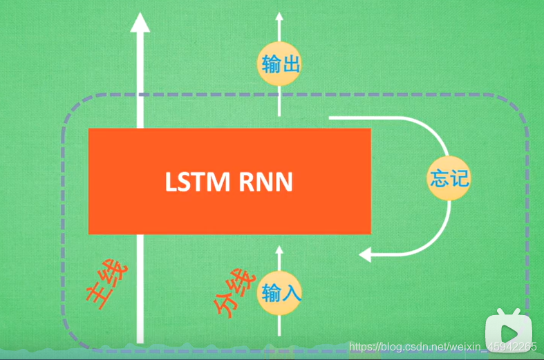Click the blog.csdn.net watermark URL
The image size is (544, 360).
pos(442,346)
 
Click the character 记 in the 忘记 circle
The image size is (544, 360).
pos(458,179)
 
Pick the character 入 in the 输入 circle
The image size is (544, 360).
pos(290,293)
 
